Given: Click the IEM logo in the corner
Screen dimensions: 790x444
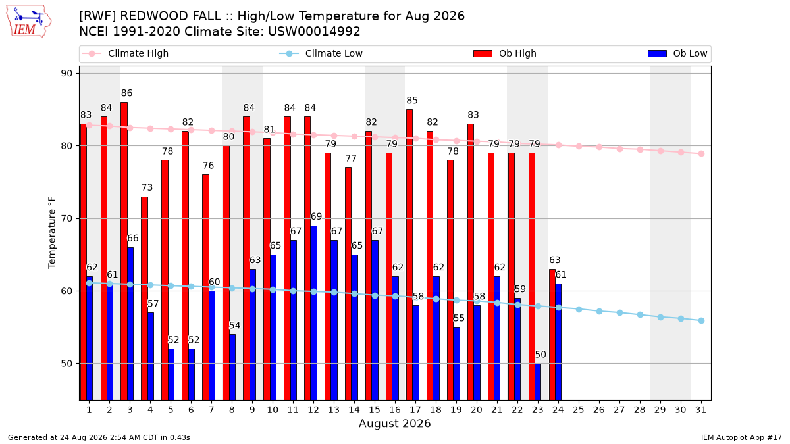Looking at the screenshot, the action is (29, 22).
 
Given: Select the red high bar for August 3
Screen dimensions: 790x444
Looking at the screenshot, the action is (124, 251).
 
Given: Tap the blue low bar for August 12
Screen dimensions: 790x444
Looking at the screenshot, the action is (314, 313).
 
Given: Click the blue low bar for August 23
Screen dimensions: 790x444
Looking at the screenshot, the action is (538, 382).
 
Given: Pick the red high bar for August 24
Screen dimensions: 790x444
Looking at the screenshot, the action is (552, 335).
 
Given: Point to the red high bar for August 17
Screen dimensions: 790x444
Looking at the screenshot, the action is (409, 255).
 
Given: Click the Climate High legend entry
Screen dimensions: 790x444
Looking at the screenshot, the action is (126, 53).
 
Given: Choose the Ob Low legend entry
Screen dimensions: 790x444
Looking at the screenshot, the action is (677, 53).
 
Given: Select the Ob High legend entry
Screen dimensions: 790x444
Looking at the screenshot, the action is (505, 53).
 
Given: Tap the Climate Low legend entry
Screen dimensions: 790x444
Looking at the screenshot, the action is (321, 53).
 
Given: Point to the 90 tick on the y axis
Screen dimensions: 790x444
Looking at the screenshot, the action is (66, 73).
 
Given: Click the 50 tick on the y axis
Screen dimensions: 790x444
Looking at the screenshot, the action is (66, 364).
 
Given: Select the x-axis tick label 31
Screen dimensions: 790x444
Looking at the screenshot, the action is (700, 410).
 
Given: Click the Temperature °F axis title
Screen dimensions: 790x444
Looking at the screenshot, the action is (52, 233).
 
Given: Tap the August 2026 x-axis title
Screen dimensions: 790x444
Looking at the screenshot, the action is (394, 423).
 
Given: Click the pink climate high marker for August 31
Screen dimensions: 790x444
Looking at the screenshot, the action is (701, 154).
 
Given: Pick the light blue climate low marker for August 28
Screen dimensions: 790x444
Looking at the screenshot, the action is (640, 314).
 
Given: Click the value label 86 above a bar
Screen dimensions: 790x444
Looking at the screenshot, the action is (126, 93).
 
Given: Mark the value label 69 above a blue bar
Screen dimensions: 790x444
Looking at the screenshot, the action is (316, 216).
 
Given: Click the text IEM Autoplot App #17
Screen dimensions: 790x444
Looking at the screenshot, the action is (741, 437).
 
